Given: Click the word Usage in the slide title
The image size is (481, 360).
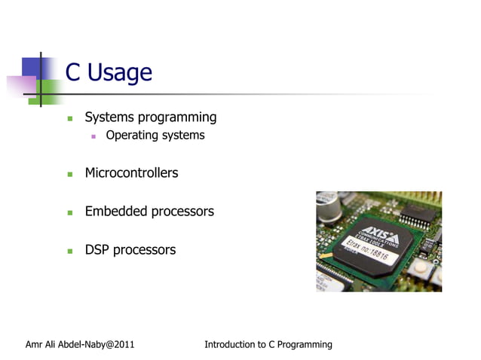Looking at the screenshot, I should (119, 73).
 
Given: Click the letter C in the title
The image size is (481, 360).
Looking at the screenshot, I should (73, 73).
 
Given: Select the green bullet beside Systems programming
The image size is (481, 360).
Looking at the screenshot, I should (69, 118).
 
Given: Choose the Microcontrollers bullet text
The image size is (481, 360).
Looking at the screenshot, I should (131, 173).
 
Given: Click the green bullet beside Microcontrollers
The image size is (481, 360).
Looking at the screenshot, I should (69, 174).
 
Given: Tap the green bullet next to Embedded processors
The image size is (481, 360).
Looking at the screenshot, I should (69, 212).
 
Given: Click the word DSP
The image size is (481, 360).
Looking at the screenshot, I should (97, 250).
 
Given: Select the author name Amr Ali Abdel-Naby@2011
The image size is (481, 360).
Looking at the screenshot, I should (80, 345).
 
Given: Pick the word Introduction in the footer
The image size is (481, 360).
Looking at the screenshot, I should (230, 345).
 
